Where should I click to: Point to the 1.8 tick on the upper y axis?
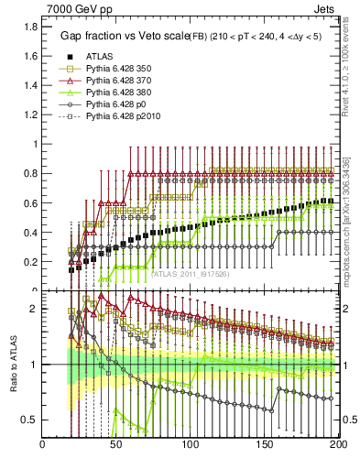point(30,27)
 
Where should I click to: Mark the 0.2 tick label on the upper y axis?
point(30,261)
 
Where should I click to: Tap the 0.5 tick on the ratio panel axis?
point(30,420)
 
